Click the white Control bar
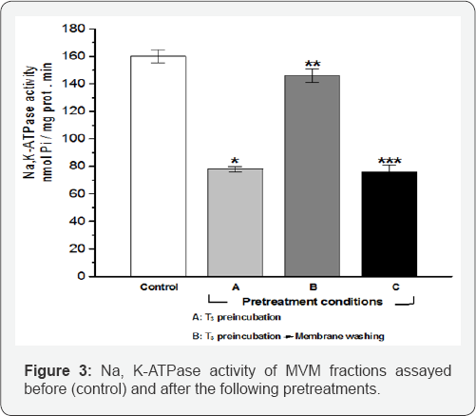point(159,166)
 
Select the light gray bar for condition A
point(235,223)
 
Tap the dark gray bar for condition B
point(313,176)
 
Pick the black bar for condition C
point(390,224)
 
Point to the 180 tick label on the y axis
point(73,29)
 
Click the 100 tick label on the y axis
point(73,139)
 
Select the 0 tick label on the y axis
point(82,276)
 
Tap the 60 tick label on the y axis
point(77,193)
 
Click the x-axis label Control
point(159,287)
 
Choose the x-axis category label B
point(313,287)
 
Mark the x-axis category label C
point(396,287)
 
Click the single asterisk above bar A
point(235,161)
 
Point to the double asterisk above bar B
point(313,64)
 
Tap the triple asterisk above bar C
point(390,161)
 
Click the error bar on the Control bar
point(158,56)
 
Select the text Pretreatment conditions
point(313,302)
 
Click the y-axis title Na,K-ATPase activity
point(29,123)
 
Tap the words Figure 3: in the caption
point(58,371)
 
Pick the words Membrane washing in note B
point(339,336)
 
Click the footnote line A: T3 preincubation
point(237,317)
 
